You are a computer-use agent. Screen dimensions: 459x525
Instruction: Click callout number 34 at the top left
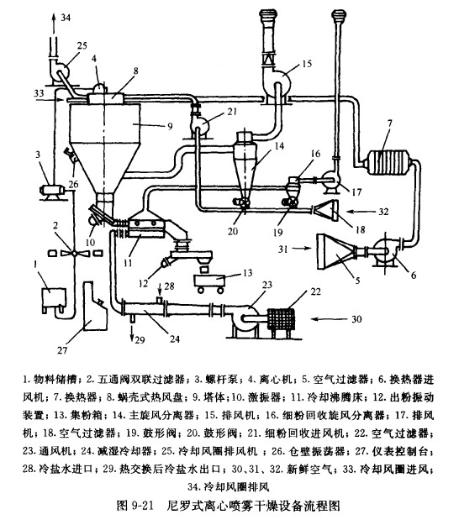[66, 18]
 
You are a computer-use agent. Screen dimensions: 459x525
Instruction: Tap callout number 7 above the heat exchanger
[389, 123]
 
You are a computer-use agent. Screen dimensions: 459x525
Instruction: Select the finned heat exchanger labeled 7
[389, 162]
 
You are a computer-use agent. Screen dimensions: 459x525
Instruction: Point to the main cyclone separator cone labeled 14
[246, 167]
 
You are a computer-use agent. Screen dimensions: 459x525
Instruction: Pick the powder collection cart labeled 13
[210, 284]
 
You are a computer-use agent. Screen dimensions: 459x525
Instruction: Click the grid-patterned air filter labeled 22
[281, 319]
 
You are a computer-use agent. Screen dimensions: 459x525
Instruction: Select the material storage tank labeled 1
[53, 298]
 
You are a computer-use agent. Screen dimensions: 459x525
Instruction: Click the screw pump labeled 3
[52, 192]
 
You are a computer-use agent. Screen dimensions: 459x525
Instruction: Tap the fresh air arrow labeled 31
[302, 248]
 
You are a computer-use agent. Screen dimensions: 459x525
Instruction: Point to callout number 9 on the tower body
[170, 126]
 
